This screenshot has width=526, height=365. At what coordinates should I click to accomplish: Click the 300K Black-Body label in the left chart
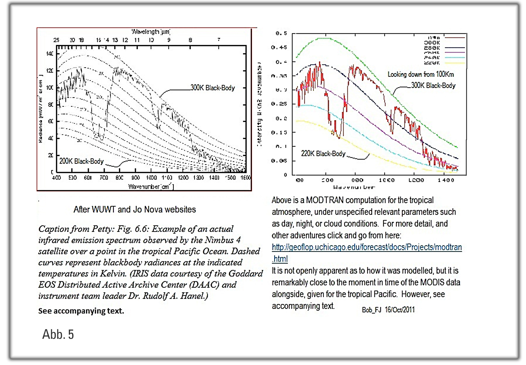[x=212, y=88]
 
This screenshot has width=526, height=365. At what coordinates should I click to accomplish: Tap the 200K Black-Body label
[x=81, y=161]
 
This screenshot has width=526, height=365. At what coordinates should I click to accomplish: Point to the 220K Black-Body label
[x=323, y=154]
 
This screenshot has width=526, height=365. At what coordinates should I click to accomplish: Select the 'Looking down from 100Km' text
[x=420, y=74]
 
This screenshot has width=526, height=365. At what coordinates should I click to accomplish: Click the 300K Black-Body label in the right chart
[x=433, y=85]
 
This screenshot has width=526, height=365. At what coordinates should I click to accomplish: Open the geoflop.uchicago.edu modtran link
[x=367, y=247]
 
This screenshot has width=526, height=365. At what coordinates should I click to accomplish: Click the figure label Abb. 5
[x=58, y=334]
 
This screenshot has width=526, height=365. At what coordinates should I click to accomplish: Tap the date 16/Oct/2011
[x=400, y=310]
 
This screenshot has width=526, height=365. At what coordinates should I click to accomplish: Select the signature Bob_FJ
[x=371, y=310]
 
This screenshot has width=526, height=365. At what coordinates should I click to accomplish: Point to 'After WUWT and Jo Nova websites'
[x=135, y=210]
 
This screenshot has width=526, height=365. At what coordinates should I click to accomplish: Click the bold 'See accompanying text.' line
[x=81, y=311]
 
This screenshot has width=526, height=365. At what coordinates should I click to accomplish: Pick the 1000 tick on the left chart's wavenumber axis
[x=151, y=178]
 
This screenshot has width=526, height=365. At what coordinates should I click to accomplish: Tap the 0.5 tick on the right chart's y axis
[x=281, y=34]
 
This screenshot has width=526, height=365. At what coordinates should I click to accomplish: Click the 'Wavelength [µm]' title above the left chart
[x=150, y=32]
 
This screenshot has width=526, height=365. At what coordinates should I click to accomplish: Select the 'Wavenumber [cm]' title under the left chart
[x=151, y=187]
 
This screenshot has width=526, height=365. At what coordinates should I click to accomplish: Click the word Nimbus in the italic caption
[x=219, y=240]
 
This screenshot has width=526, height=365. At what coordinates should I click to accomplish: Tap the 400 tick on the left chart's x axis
[x=56, y=178]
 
